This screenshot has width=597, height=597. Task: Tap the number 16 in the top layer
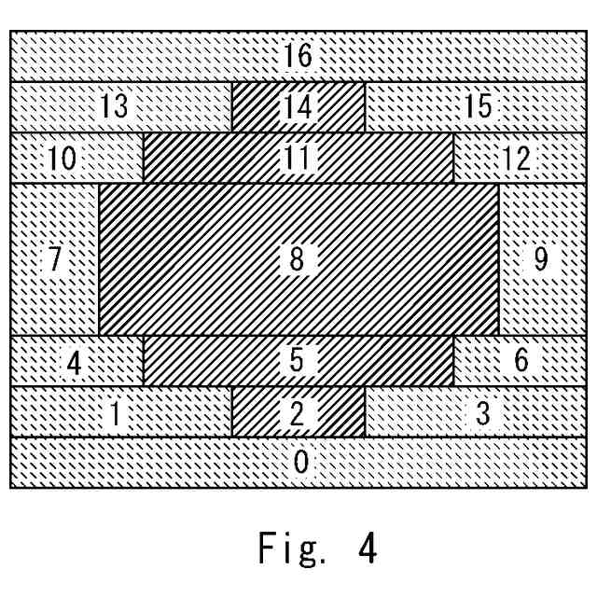click(x=298, y=56)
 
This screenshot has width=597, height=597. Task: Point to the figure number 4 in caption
click(x=366, y=548)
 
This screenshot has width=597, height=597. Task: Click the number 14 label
click(x=298, y=107)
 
